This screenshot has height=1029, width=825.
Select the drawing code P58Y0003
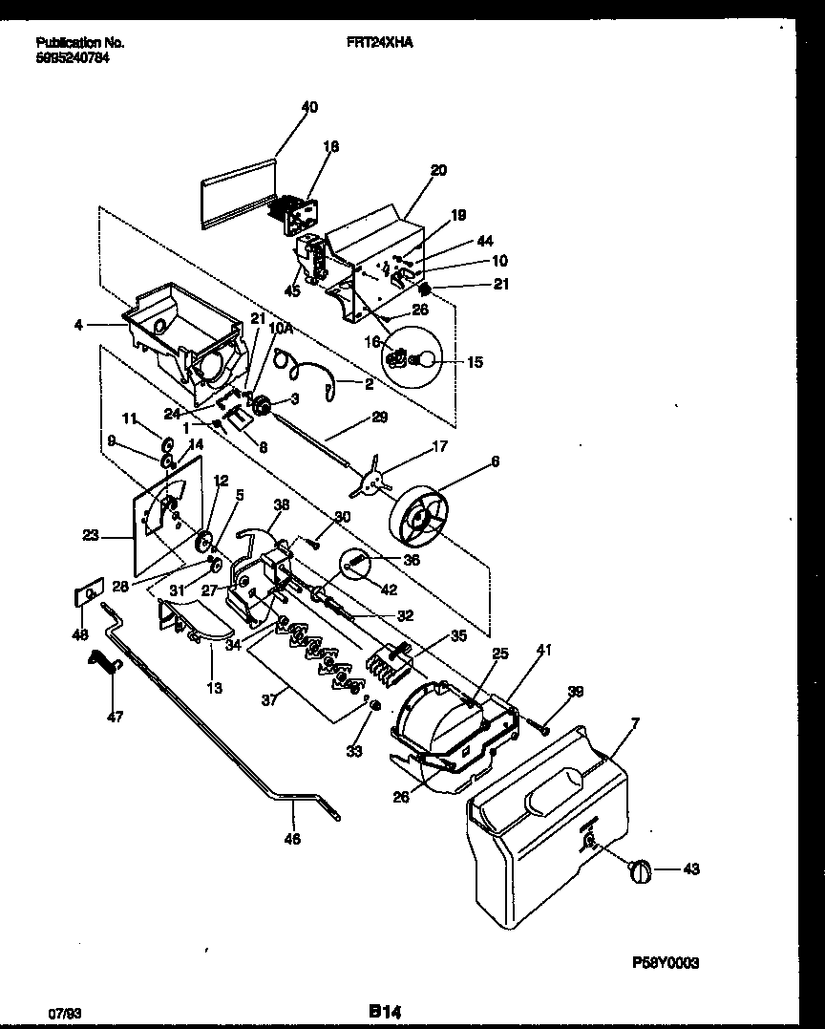665,963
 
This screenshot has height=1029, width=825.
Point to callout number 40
309,107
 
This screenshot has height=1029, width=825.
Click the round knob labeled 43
641,870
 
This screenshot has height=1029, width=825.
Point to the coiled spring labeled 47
103,661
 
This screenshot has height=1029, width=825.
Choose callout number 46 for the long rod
292,839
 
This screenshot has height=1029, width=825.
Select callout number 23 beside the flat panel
91,536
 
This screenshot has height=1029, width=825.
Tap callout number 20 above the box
437,171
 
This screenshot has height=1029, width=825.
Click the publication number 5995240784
73,56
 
